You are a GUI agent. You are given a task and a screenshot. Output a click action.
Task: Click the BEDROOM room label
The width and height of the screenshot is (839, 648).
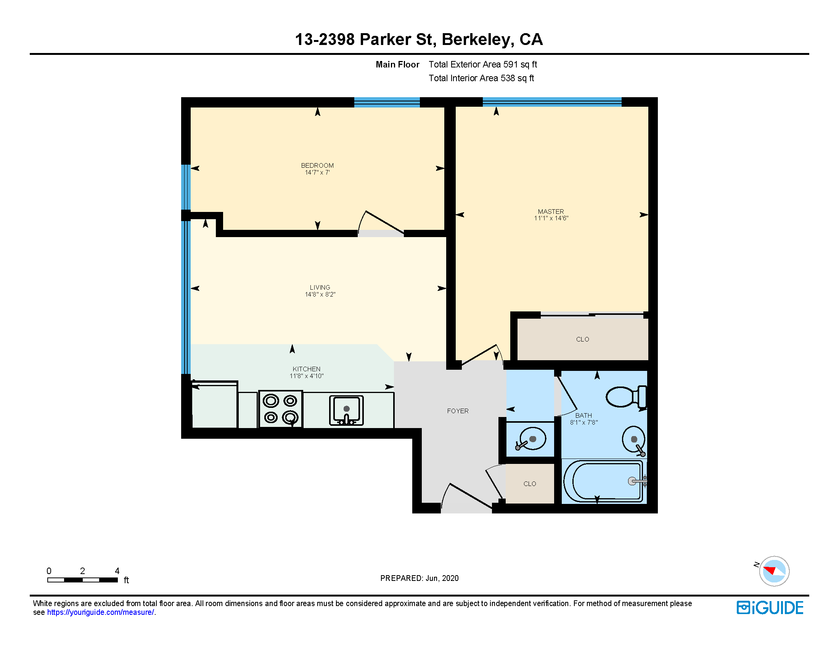tap(317, 165)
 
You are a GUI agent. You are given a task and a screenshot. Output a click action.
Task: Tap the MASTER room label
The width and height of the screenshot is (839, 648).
tap(551, 212)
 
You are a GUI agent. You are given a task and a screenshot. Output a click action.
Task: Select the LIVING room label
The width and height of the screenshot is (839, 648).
tap(320, 287)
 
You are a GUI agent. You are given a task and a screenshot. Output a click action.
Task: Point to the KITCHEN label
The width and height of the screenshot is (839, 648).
tap(307, 369)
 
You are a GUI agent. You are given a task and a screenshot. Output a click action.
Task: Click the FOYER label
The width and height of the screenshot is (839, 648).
tap(458, 411)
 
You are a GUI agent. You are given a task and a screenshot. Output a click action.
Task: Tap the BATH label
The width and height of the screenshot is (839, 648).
tap(583, 415)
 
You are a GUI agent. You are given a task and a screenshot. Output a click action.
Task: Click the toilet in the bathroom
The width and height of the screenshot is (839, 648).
tap(626, 396)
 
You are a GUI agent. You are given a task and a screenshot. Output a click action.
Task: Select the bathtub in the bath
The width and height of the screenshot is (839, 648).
tap(604, 481)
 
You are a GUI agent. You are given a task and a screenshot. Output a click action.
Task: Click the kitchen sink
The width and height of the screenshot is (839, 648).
tap(346, 411)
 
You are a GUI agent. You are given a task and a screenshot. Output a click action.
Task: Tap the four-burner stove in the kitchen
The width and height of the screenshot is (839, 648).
tap(281, 409)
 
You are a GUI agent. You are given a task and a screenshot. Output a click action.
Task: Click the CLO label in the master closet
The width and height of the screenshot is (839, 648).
tap(582, 339)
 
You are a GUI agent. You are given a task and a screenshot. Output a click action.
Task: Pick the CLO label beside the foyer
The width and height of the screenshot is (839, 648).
tap(530, 484)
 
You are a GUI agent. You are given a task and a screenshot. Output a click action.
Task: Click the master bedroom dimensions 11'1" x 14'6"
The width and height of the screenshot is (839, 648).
tap(551, 218)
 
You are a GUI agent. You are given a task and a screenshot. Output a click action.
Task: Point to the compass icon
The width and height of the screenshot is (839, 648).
tap(774, 571)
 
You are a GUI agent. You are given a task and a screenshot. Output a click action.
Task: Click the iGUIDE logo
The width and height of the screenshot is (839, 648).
tap(770, 608)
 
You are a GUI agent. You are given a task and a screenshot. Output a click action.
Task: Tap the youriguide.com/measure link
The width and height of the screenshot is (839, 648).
tap(101, 612)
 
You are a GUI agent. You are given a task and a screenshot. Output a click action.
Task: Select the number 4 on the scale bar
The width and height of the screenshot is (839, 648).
tap(117, 571)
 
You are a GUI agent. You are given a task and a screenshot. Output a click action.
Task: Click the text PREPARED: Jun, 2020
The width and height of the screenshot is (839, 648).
tap(419, 578)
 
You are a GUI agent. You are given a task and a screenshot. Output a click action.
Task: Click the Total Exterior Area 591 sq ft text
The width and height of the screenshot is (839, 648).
tap(483, 64)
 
